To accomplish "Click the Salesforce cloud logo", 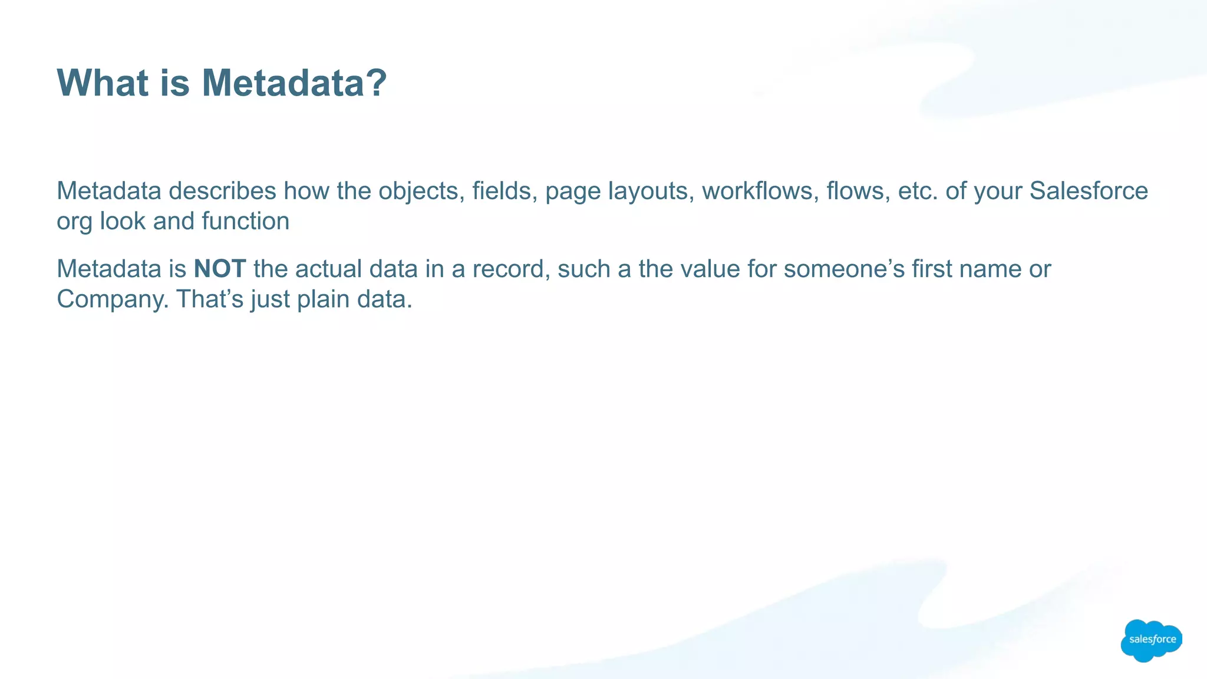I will pyautogui.click(x=1151, y=640).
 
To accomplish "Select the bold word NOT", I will pyautogui.click(x=220, y=269).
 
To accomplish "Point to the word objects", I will pyautogui.click(x=418, y=191).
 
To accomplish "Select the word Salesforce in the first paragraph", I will pyautogui.click(x=1089, y=191).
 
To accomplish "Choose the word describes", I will pyautogui.click(x=222, y=191).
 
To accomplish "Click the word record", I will pyautogui.click(x=511, y=269).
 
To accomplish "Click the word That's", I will pyautogui.click(x=210, y=299).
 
